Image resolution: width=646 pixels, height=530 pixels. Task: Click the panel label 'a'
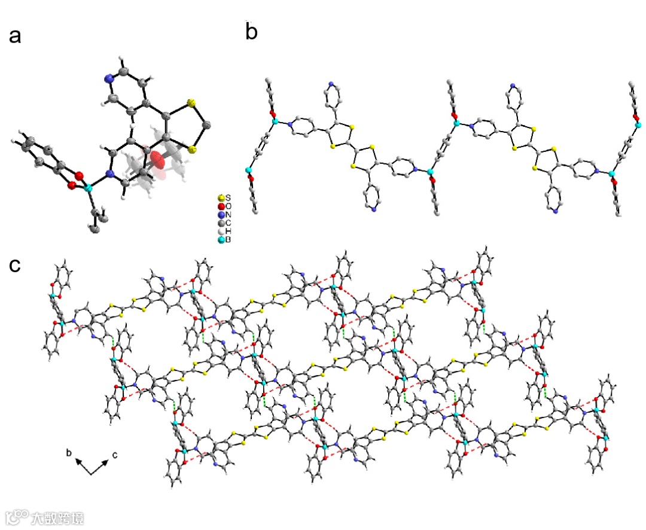point(16,36)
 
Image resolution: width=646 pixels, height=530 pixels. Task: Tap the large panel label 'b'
point(252,32)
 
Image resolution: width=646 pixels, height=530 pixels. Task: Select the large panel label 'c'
point(16,266)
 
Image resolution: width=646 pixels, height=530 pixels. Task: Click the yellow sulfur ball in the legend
point(221,197)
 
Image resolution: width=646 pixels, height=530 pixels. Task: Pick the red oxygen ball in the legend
point(221,206)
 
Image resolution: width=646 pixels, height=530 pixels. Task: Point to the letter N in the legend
point(228,214)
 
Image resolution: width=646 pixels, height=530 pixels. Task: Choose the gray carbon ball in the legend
point(221,223)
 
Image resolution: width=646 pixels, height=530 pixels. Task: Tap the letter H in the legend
point(228,231)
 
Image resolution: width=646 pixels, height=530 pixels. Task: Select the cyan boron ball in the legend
point(221,239)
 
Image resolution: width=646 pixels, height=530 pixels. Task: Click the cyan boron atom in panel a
point(89,188)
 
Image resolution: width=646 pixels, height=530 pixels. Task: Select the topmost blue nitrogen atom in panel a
point(109,78)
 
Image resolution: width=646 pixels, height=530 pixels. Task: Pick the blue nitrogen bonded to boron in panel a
point(109,174)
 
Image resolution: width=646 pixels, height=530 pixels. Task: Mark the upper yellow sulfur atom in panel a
point(191,104)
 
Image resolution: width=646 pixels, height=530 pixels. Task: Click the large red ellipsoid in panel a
point(157,160)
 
